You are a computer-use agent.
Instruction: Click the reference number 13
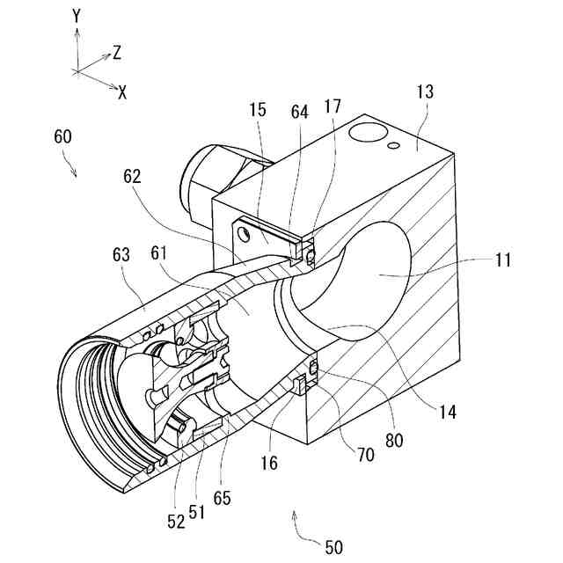point(424,92)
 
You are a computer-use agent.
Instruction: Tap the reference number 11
point(502,260)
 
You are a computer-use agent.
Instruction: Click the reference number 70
point(365,454)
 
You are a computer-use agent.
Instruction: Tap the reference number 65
point(223,497)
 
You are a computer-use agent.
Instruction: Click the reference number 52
point(176,521)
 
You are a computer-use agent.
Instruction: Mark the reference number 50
point(333,547)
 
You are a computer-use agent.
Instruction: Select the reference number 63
point(121,255)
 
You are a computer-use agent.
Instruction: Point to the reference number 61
point(159,254)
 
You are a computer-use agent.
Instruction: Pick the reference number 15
point(257,112)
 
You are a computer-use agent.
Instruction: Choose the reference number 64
point(300,112)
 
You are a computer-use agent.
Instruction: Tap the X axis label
point(122,92)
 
